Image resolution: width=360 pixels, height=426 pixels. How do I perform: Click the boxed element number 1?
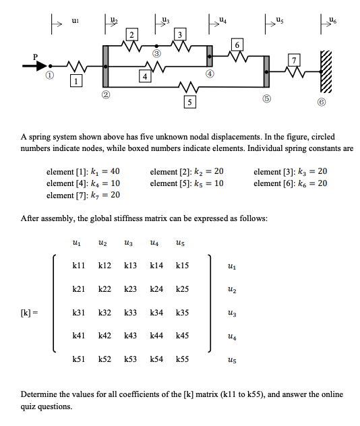78,82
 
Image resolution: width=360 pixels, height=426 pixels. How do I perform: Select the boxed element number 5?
191,102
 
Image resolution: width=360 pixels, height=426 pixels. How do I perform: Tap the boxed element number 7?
294,61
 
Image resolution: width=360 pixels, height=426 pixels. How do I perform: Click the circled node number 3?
157,53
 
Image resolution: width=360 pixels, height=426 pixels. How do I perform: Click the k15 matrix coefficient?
181,266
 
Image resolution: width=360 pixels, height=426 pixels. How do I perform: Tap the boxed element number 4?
144,76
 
